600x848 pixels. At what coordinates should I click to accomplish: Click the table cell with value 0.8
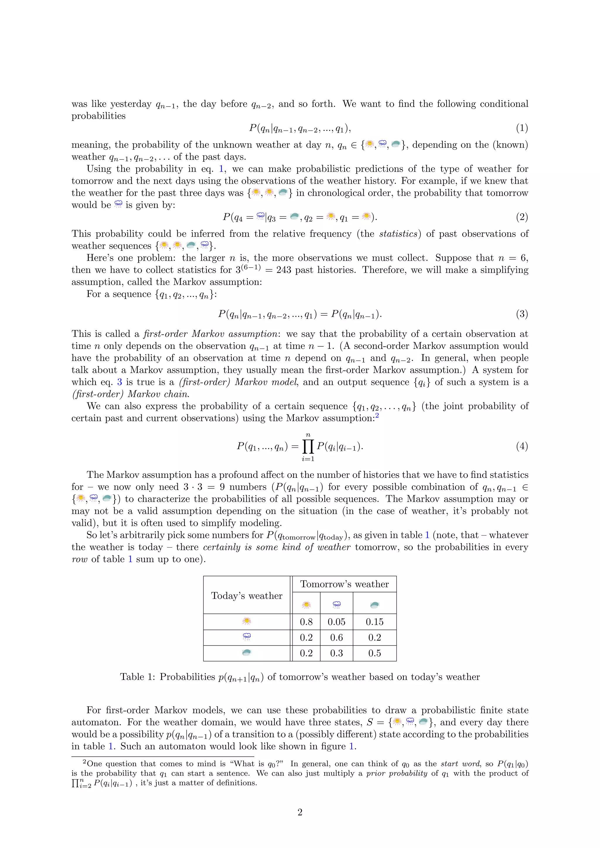click(306, 622)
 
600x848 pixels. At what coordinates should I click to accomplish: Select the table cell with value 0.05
click(336, 622)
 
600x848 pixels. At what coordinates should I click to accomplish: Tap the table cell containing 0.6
click(336, 637)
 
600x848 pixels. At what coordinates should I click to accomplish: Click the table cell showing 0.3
click(336, 653)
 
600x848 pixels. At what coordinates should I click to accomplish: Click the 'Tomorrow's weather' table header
click(344, 584)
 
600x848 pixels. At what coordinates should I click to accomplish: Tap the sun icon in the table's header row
click(306, 605)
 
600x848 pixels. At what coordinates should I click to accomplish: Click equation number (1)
click(522, 128)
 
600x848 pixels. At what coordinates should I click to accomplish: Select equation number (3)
click(522, 314)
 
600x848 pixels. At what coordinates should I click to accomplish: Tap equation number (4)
click(522, 446)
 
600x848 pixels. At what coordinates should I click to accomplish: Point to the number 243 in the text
click(283, 270)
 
